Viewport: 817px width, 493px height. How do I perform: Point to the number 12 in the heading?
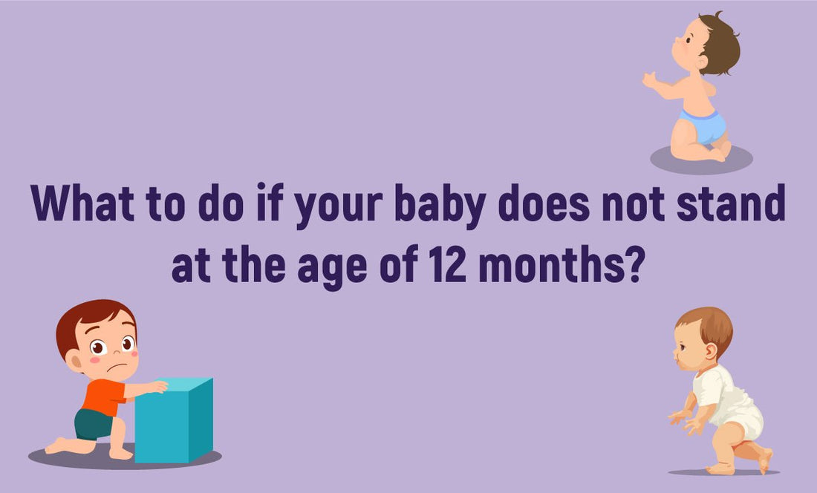(448, 267)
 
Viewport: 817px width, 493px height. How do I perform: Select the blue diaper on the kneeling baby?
(703, 126)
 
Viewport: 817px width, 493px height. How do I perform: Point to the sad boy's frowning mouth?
(114, 367)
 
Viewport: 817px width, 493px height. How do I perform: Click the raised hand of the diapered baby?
(649, 79)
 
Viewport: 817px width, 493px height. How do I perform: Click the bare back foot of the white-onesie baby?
(766, 460)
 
